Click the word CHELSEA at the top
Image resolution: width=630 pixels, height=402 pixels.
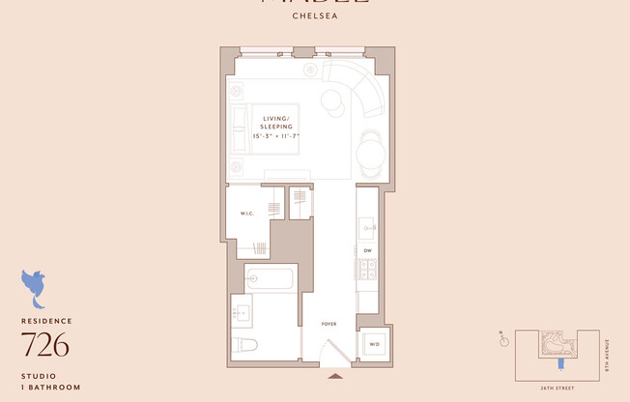point(315,15)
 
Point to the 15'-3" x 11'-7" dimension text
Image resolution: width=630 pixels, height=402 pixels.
point(276,136)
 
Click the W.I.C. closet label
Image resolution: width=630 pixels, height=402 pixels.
point(246,214)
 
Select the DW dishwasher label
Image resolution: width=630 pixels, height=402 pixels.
point(368,250)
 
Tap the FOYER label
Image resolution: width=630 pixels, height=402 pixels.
point(329,324)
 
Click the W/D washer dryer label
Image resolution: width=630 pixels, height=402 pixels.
point(372,343)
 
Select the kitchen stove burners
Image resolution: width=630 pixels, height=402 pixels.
point(368,273)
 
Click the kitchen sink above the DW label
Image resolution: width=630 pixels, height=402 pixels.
point(368,227)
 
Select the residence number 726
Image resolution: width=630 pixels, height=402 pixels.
point(45,344)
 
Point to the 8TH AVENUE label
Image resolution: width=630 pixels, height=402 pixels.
point(608,354)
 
